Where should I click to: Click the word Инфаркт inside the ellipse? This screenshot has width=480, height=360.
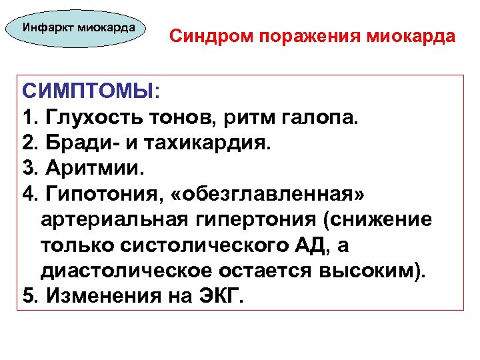click(48, 28)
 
